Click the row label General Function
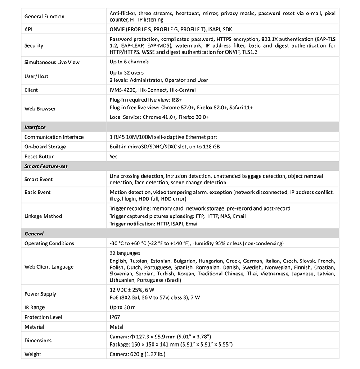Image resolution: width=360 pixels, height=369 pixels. pyautogui.click(x=44, y=17)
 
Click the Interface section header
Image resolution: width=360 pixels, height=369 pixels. pyautogui.click(x=35, y=127)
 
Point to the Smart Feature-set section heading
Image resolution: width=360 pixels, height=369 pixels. pyautogui.click(x=46, y=166)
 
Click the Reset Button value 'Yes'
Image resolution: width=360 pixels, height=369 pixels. pyautogui.click(x=114, y=157)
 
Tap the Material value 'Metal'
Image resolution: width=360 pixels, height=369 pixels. pyautogui.click(x=117, y=327)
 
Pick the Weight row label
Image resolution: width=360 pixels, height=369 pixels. pyautogui.click(x=32, y=354)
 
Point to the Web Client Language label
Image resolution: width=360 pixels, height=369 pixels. pyautogui.click(x=49, y=267)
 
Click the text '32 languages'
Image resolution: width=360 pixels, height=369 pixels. pyautogui.click(x=125, y=253)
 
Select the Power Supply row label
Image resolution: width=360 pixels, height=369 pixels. pyautogui.click(x=40, y=294)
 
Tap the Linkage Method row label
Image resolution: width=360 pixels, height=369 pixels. pyautogui.click(x=43, y=216)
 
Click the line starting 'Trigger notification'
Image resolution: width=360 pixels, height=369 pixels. pyautogui.click(x=154, y=224)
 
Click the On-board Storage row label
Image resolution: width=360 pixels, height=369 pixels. pyautogui.click(x=45, y=147)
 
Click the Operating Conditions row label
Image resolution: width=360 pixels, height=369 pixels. pyautogui.click(x=49, y=243)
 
